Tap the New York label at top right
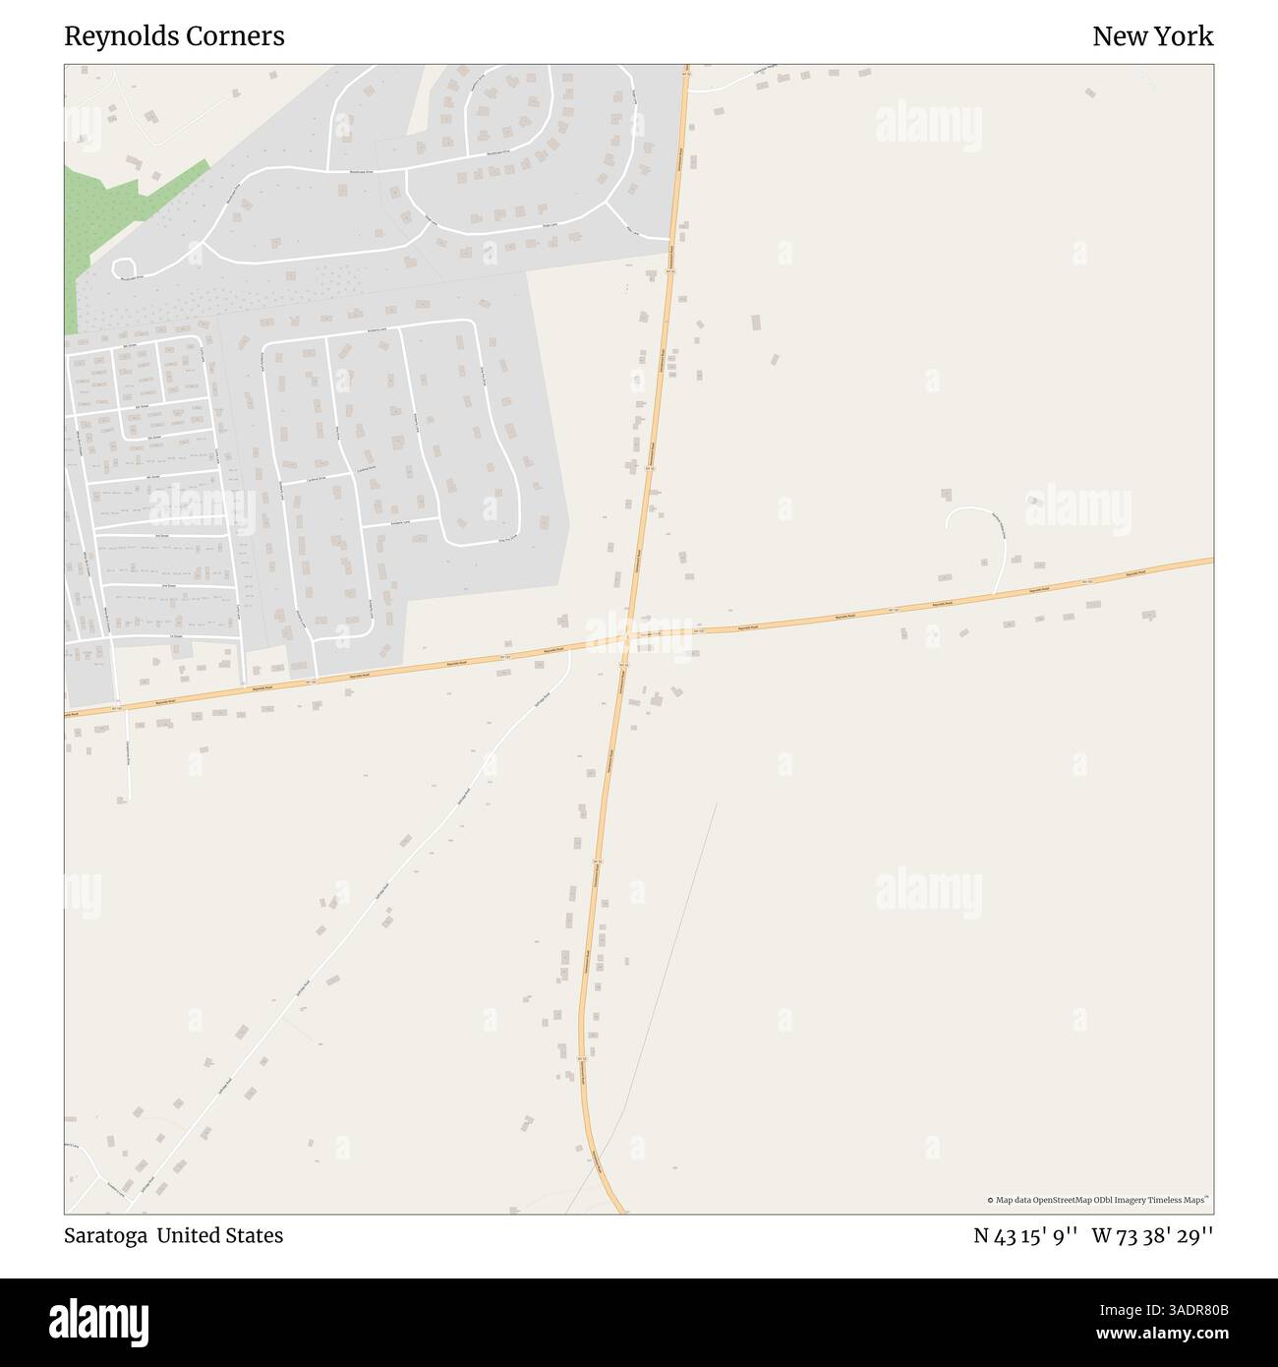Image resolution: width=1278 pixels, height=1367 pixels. click(x=1152, y=36)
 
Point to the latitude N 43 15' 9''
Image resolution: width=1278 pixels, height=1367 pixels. click(x=1026, y=1235)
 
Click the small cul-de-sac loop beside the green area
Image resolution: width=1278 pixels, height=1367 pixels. click(x=124, y=267)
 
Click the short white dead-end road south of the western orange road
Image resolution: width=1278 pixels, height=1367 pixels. click(x=128, y=757)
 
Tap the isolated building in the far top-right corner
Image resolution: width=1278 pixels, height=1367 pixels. click(x=1089, y=92)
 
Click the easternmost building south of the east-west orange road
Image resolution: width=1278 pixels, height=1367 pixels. click(x=1148, y=616)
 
